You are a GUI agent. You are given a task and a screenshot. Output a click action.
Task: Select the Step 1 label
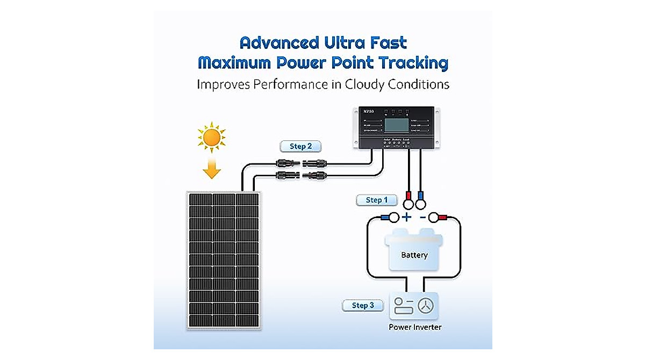pyautogui.click(x=376, y=200)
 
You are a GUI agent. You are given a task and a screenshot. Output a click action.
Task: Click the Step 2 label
pyautogui.click(x=300, y=146)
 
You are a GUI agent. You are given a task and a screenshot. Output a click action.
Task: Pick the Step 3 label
pyautogui.click(x=363, y=305)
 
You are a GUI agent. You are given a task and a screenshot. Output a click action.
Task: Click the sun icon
pyautogui.click(x=211, y=138)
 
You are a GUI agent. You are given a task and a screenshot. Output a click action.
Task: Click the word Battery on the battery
pyautogui.click(x=414, y=255)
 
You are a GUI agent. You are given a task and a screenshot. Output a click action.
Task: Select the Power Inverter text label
pyautogui.click(x=415, y=327)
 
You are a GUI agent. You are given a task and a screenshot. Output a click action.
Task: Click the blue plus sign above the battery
pyautogui.click(x=407, y=217)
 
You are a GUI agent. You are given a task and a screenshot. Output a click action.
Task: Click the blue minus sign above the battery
pyautogui.click(x=422, y=217)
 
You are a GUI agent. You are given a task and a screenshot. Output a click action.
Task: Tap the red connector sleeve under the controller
pyautogui.click(x=408, y=195)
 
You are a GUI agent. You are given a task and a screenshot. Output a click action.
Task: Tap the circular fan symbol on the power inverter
pyautogui.click(x=426, y=305)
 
